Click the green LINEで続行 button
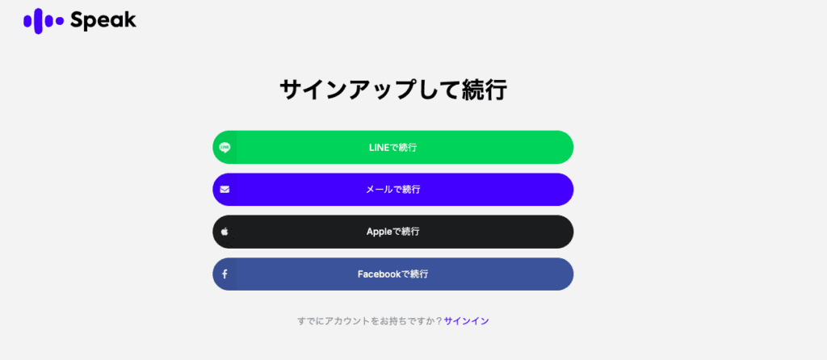393,147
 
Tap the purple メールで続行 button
393,189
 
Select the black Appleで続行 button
393,232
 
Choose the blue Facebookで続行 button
393,274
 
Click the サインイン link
466,321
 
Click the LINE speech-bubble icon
225,148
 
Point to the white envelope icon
225,190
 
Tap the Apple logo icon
225,232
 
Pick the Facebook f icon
225,274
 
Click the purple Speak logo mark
44,21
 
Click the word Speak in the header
103,21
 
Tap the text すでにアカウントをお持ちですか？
370,321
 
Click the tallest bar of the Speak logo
39,21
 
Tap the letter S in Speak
78,20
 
